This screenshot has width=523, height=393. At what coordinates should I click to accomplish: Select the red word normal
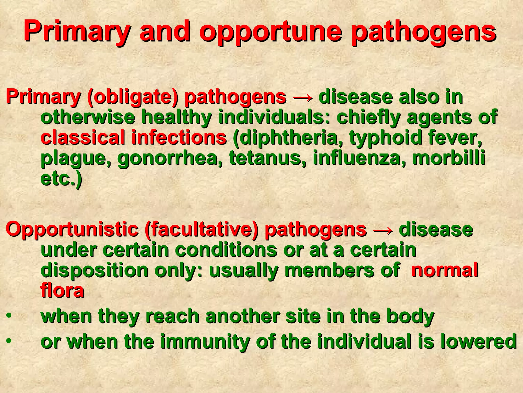coord(444,270)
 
